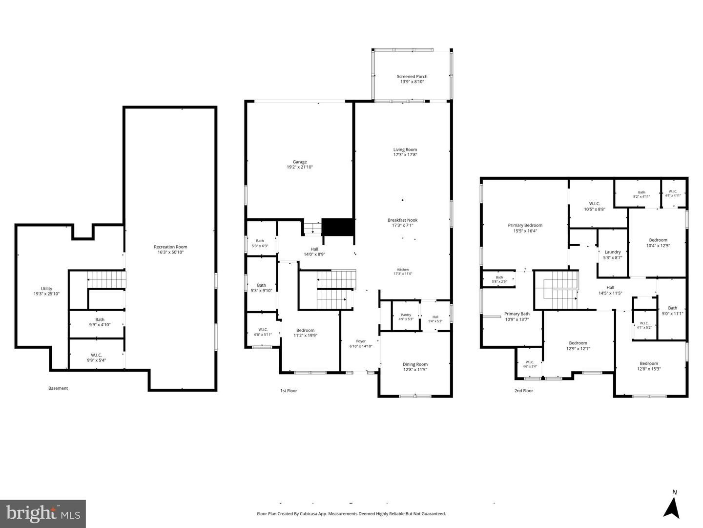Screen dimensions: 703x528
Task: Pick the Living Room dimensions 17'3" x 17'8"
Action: pos(405,155)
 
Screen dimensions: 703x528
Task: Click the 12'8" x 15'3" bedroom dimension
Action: pos(648,369)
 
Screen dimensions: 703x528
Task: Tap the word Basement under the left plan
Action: pos(58,388)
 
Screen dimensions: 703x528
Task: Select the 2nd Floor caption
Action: pos(524,391)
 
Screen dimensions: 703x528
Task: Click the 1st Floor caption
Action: pos(289,391)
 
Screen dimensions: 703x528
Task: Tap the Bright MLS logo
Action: pos(43,514)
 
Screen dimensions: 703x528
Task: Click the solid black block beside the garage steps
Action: pos(337,227)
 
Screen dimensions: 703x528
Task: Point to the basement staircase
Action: pos(106,279)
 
